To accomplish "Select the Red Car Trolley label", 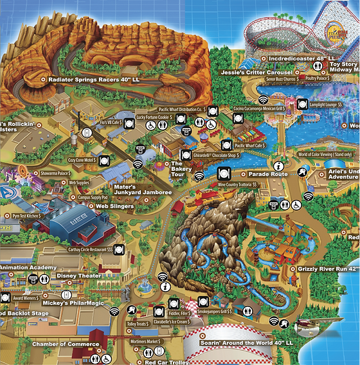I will (168, 353).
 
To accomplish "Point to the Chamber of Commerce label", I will (66, 344).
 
